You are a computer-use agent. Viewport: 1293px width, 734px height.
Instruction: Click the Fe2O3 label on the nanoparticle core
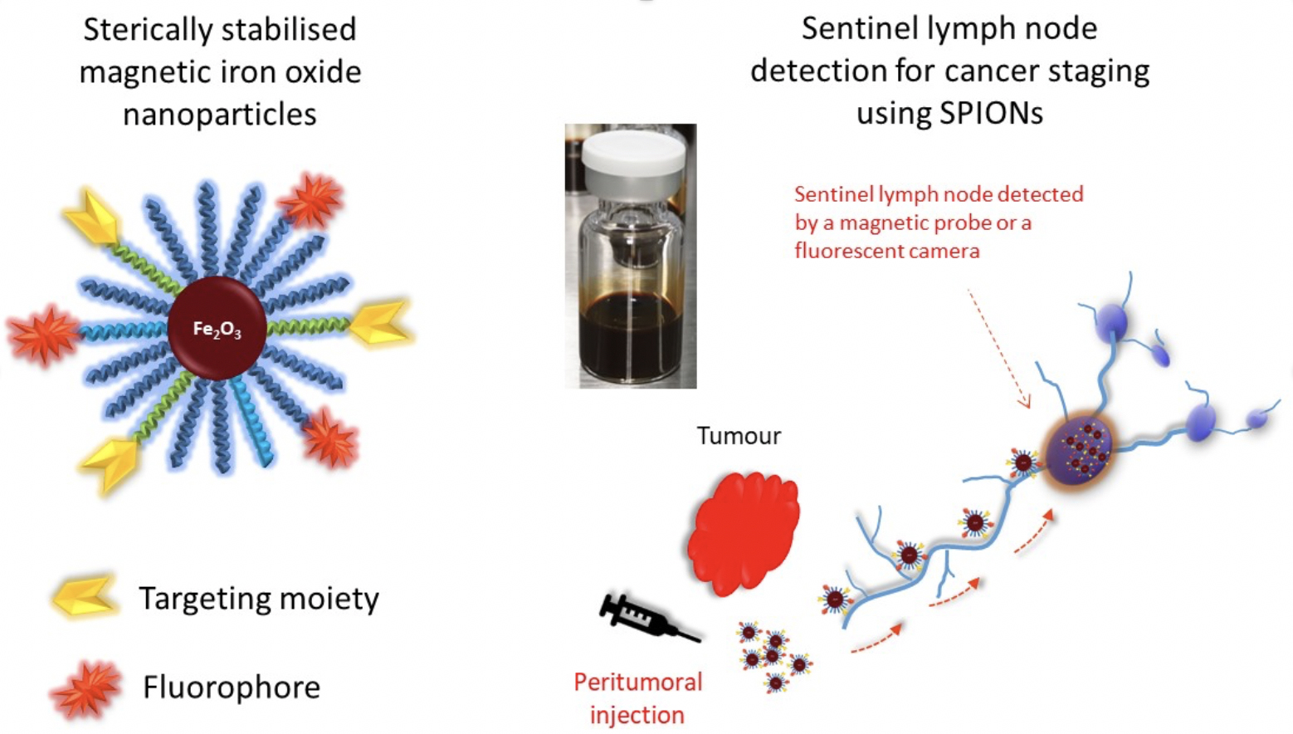coord(217,330)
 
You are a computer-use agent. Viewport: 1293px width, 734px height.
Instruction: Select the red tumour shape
coord(744,532)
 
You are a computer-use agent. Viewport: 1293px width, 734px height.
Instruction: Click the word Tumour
coord(739,436)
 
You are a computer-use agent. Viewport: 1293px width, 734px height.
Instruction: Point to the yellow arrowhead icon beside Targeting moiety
coord(84,595)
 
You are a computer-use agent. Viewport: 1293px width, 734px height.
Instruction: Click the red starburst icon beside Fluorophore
coord(85,688)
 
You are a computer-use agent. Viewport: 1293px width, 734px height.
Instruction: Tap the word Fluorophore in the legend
coord(232,688)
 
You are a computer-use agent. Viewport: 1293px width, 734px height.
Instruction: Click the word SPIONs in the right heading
coord(991,113)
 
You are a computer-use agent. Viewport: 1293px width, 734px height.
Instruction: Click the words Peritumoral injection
coord(637,698)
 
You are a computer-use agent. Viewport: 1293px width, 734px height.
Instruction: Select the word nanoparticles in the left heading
coord(220,114)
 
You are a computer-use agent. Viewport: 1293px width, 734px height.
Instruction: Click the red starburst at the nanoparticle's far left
coord(43,335)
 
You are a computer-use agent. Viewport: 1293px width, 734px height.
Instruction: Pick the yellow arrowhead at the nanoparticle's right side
coord(382,324)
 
